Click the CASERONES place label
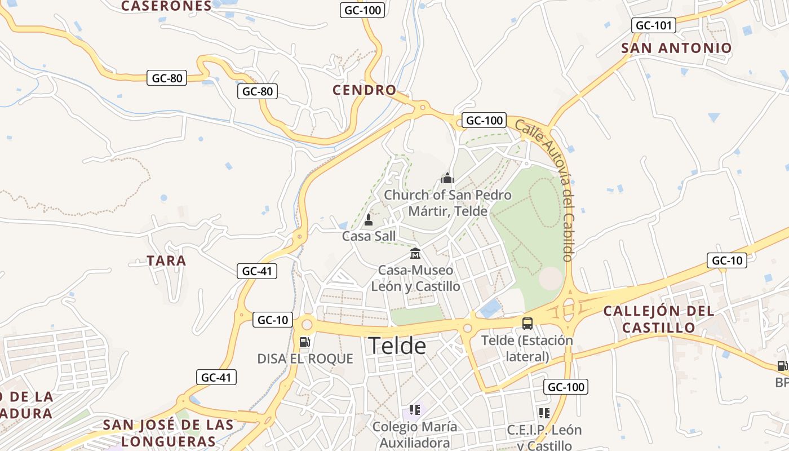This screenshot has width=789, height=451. click(166, 6)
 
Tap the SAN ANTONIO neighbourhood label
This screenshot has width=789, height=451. click(676, 48)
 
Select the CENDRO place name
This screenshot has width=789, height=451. click(365, 90)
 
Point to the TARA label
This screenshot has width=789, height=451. click(166, 261)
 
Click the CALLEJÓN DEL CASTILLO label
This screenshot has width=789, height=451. click(658, 319)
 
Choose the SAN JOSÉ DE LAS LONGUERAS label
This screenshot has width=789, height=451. click(168, 432)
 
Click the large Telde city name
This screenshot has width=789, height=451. click(397, 345)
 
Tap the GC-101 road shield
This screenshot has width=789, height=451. click(654, 25)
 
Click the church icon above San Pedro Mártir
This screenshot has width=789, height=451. click(447, 179)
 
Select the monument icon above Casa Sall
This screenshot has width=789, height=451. click(369, 219)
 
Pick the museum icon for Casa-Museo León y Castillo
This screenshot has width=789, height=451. click(415, 253)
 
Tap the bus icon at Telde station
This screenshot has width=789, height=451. click(528, 323)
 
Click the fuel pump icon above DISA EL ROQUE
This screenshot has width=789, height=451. click(304, 342)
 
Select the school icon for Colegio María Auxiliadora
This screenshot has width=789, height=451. click(415, 410)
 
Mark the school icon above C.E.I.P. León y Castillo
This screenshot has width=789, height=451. click(544, 413)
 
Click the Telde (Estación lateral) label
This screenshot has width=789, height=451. click(527, 348)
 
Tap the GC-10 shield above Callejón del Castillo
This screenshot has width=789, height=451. click(726, 260)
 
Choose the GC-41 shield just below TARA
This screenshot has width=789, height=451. click(256, 271)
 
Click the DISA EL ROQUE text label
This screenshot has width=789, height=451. click(305, 359)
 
